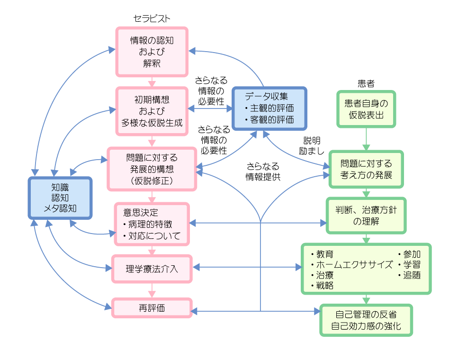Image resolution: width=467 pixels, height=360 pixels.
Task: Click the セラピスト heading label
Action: (152, 18)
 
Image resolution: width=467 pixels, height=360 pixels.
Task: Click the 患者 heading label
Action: (366, 84)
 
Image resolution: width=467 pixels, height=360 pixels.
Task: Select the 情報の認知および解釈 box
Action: (152, 51)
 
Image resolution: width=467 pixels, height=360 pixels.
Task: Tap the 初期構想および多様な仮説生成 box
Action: (152, 111)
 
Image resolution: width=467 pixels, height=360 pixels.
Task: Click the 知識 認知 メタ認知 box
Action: (60, 198)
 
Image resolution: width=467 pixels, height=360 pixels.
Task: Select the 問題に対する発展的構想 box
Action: (152, 169)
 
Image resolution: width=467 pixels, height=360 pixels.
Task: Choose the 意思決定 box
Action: (152, 224)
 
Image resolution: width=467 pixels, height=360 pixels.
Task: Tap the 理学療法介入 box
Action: (152, 268)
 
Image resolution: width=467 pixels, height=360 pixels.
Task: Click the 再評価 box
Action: (152, 308)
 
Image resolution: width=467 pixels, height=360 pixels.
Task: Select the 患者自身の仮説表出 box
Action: (366, 109)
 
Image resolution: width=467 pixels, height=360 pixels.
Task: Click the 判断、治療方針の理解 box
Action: (366, 215)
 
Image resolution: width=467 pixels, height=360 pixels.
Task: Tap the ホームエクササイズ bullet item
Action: (353, 264)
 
